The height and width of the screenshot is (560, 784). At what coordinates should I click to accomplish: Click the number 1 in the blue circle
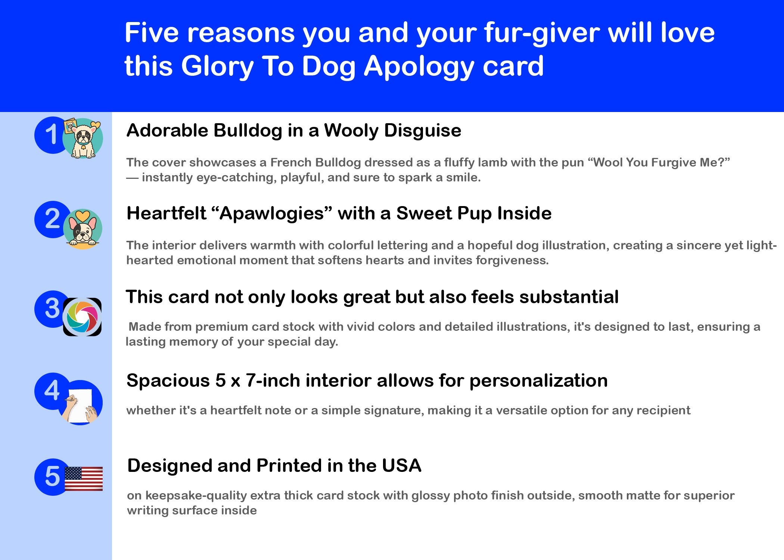52,134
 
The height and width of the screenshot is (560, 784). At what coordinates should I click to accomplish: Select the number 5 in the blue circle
52,476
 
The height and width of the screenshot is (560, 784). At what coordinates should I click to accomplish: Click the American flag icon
84,479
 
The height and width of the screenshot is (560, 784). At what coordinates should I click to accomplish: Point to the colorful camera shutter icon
82,317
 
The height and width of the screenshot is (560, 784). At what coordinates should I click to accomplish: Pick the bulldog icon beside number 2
83,229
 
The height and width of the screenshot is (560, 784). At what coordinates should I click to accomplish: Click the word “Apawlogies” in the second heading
271,214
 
